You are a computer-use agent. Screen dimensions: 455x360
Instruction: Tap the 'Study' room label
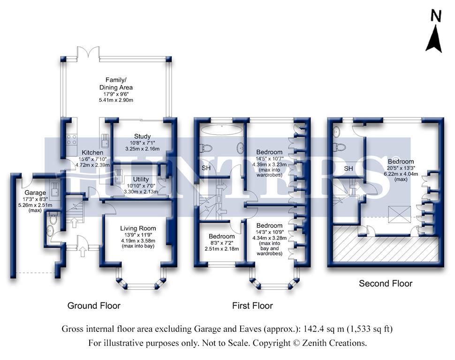tap(142, 136)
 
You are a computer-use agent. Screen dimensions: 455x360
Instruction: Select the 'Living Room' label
tap(138, 228)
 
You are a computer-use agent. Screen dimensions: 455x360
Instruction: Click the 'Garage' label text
tap(35, 193)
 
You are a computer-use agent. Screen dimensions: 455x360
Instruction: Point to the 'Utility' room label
tap(141, 179)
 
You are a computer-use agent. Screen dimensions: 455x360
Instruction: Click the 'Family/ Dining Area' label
tap(116, 83)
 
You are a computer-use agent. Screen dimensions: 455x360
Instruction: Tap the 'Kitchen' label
tap(92, 152)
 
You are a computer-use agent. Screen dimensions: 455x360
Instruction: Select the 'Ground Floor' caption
tap(94, 306)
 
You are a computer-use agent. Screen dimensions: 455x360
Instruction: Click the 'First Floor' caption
tap(252, 306)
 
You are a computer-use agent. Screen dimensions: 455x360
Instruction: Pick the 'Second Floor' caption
tap(386, 284)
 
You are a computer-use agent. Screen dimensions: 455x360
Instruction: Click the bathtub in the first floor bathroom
tap(222, 130)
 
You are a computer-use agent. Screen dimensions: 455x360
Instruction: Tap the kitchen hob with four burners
tap(72, 140)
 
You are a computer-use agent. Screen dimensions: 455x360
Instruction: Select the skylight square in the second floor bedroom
tap(400, 214)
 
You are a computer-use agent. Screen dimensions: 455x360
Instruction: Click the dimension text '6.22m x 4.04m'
tap(401, 174)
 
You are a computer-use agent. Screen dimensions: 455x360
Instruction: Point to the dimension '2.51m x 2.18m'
tap(222, 248)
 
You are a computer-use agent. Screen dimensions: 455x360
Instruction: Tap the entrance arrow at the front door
tap(83, 252)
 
